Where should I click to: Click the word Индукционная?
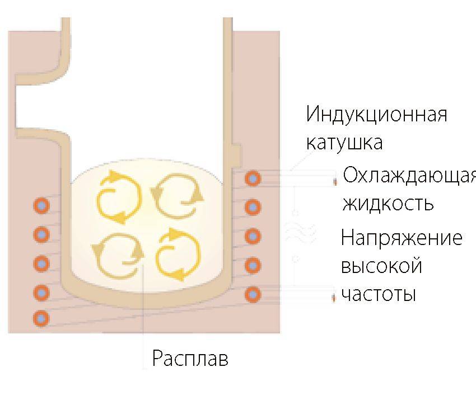coord(376,114)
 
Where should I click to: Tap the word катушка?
coord(344,142)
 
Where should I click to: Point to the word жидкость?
coord(388,203)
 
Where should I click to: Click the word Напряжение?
coord(402,238)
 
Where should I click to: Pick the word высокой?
coord(381,266)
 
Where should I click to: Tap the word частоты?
coord(378,294)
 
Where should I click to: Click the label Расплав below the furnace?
coord(190,359)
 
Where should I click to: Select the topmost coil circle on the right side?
coord(253,178)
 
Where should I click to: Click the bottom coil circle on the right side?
coord(253,294)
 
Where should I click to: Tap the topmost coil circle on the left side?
coord(41,206)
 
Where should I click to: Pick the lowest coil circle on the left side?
coord(41,318)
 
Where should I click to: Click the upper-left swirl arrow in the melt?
coord(119,197)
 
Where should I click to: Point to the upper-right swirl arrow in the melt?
coord(178,196)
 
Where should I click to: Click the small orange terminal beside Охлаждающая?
coord(335,182)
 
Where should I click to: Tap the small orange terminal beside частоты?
coord(334,298)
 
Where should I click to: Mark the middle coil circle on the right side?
coord(253,236)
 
